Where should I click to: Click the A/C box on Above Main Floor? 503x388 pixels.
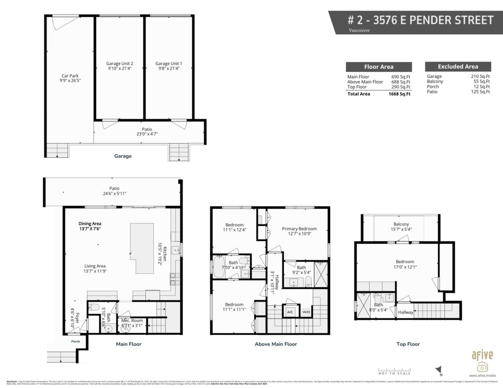click(x=290, y=312)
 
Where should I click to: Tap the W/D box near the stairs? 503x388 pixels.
click(x=306, y=312)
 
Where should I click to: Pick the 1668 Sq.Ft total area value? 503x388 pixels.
click(x=399, y=94)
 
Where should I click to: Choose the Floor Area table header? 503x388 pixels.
click(x=379, y=67)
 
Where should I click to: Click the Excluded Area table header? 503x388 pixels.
click(x=458, y=67)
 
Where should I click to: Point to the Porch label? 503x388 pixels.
click(x=75, y=341)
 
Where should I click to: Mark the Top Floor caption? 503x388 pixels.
click(x=408, y=344)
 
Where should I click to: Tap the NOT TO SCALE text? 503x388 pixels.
click(x=394, y=373)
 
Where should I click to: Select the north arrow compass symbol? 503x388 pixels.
click(x=439, y=370)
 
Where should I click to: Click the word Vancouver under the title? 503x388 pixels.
click(x=358, y=30)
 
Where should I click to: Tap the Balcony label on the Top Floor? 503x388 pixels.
click(x=401, y=224)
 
